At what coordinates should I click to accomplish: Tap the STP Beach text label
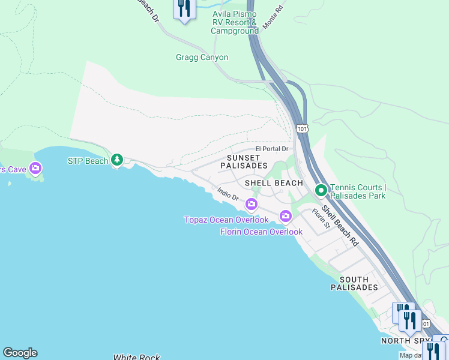[88, 161]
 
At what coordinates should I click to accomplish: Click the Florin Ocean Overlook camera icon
[286, 216]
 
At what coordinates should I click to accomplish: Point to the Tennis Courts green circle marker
[321, 191]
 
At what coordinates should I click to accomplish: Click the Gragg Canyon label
[202, 58]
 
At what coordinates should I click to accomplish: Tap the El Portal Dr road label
[272, 149]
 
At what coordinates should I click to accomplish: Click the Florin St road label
[321, 218]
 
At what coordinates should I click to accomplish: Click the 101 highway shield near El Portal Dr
[303, 128]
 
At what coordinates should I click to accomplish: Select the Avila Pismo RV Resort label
[235, 22]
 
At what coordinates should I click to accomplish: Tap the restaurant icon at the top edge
[184, 8]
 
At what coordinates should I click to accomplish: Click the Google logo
[20, 353]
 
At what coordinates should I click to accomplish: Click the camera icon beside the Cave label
[36, 169]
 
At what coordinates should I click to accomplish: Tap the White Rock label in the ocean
[136, 357]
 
